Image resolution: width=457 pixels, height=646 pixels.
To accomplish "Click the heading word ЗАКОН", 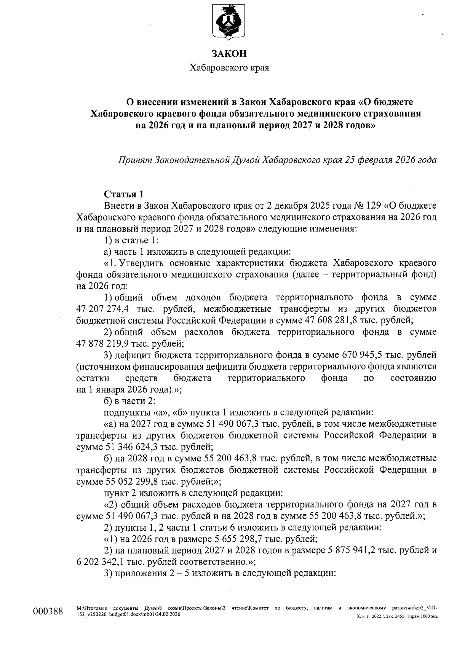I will pos(229,54).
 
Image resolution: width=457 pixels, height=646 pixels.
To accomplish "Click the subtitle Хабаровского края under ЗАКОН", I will pos(229,69).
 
